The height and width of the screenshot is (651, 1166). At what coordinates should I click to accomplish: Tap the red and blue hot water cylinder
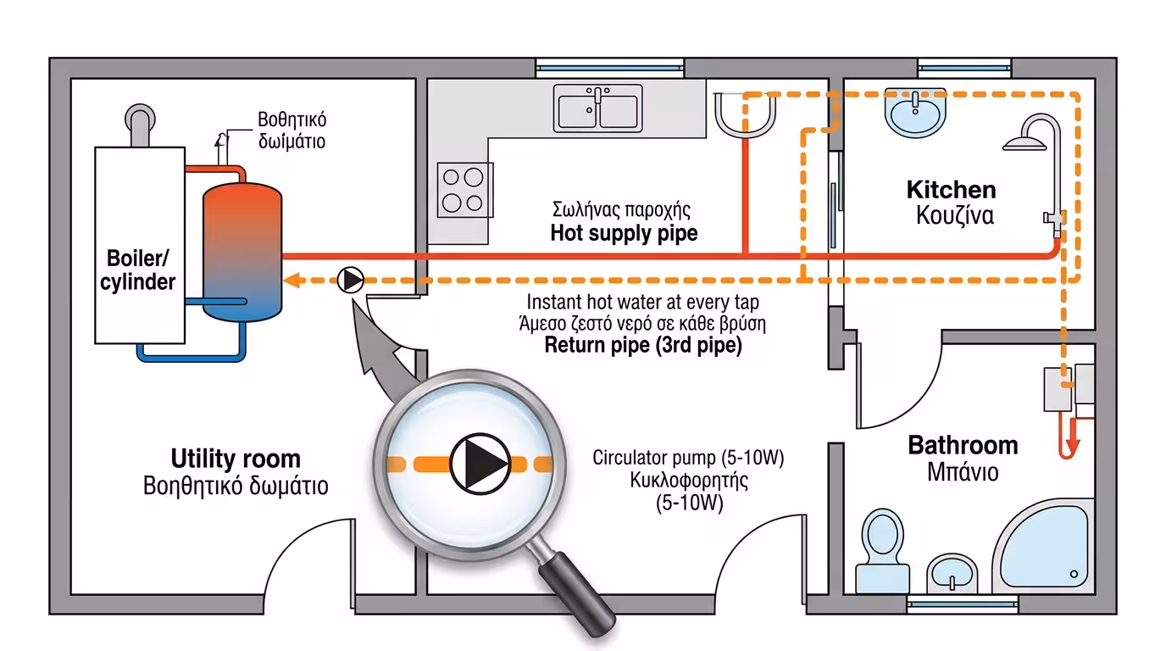pos(242,253)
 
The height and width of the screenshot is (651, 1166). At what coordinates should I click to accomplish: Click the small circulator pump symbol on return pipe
pos(349,281)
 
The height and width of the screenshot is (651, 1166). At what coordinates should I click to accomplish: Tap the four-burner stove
pos(464,189)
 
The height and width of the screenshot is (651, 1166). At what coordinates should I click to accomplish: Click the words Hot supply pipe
pos(624,233)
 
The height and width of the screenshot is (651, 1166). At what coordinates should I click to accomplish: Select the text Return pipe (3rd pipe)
pos(642,345)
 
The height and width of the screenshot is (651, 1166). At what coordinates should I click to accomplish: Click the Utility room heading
pos(236,459)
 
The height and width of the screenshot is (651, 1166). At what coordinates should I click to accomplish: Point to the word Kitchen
pos(951,189)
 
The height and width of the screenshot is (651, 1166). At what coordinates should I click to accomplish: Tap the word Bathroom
pos(963,445)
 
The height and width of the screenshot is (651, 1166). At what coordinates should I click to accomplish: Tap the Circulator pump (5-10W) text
pos(688,459)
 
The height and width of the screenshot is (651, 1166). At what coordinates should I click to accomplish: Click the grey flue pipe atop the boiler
pos(138,125)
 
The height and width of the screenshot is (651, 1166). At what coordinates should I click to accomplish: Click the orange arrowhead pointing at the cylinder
pos(291,281)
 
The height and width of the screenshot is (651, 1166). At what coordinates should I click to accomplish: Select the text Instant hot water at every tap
pos(642,302)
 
